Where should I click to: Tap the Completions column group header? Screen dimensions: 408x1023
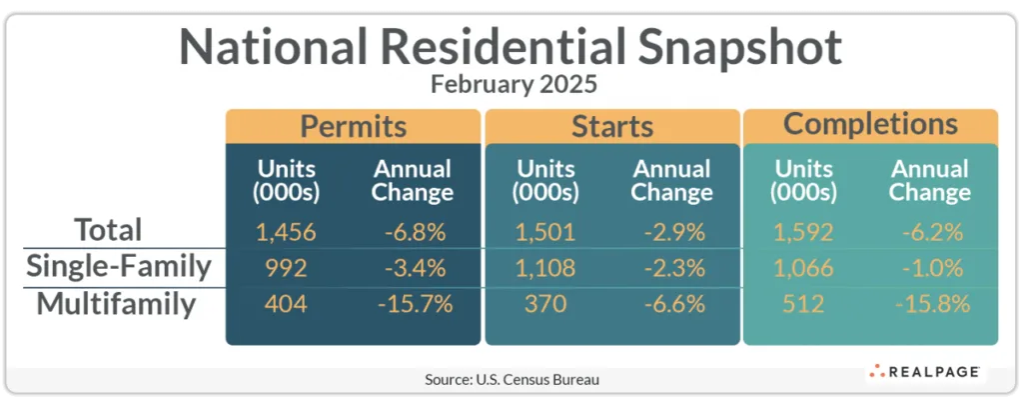(870, 125)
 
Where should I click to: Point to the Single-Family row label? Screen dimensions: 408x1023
(119, 267)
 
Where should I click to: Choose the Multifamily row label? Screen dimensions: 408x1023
(116, 303)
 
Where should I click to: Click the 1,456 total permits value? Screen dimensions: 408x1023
(285, 233)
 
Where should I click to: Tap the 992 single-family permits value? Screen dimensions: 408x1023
(285, 268)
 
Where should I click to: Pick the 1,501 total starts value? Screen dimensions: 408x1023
(546, 233)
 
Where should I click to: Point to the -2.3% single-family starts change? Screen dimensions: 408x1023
(671, 268)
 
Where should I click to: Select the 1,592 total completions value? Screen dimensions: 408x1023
(804, 233)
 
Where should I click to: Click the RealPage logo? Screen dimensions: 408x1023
(924, 372)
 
